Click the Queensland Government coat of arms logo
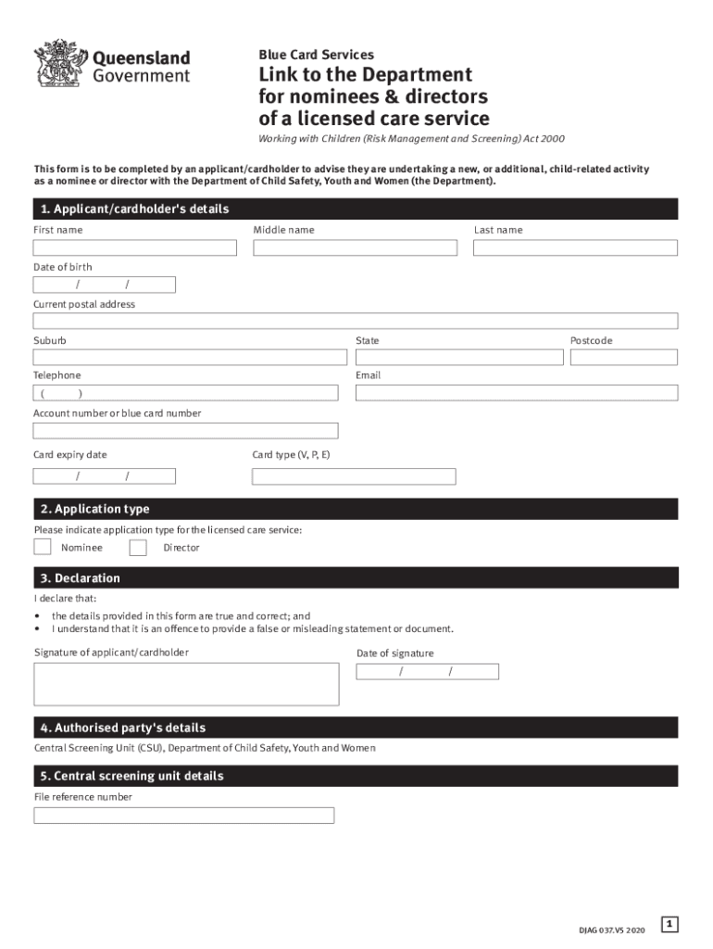click(61, 63)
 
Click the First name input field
click(135, 248)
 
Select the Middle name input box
click(355, 248)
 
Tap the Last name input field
click(575, 248)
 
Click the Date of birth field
click(104, 285)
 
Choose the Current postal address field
click(356, 321)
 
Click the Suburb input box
click(190, 357)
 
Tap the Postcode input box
click(623, 357)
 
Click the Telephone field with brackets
click(185, 393)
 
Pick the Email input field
click(517, 393)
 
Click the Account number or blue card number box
click(185, 431)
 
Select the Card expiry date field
click(104, 476)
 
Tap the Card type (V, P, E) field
click(354, 476)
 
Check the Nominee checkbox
click(43, 547)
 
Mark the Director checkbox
click(138, 547)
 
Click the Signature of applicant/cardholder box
click(185, 684)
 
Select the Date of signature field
click(427, 672)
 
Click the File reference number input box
click(183, 816)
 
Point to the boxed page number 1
click(669, 924)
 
